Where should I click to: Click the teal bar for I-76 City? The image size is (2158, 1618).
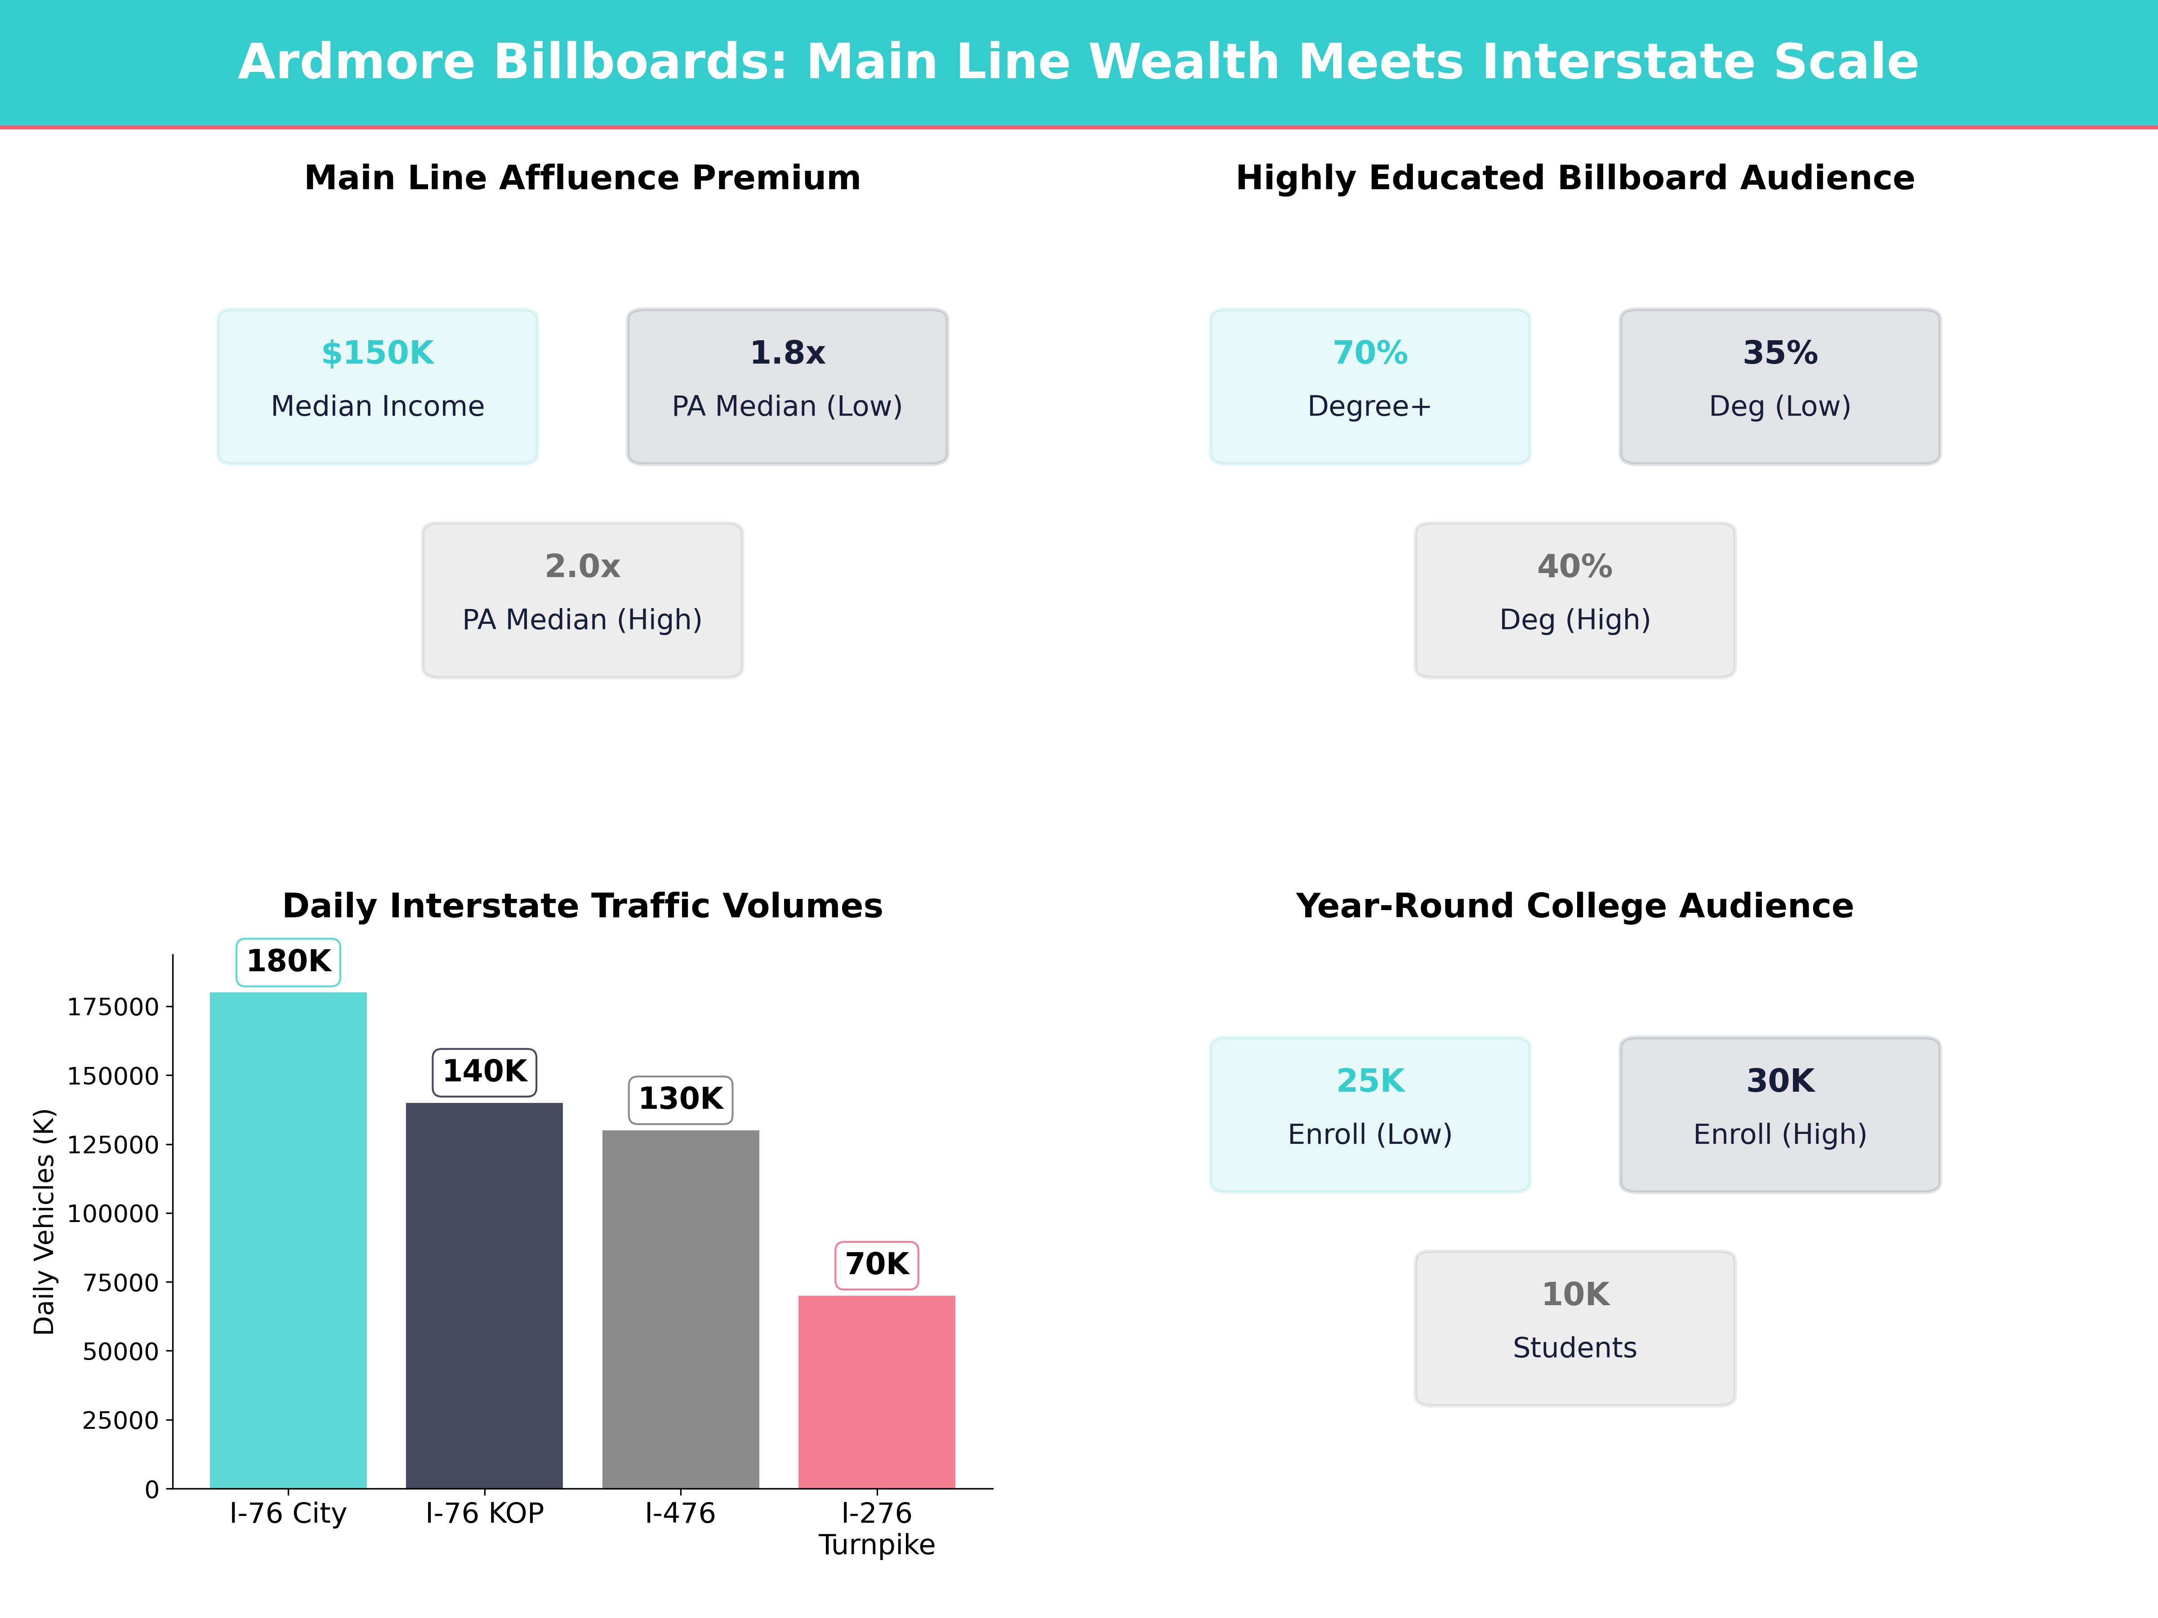click(288, 1239)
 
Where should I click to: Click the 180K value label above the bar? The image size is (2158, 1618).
click(289, 962)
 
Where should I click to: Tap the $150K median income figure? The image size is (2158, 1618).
click(378, 353)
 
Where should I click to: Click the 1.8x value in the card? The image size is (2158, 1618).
click(787, 353)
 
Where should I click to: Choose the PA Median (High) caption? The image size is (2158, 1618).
click(582, 620)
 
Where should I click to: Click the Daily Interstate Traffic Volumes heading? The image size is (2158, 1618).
click(582, 906)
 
